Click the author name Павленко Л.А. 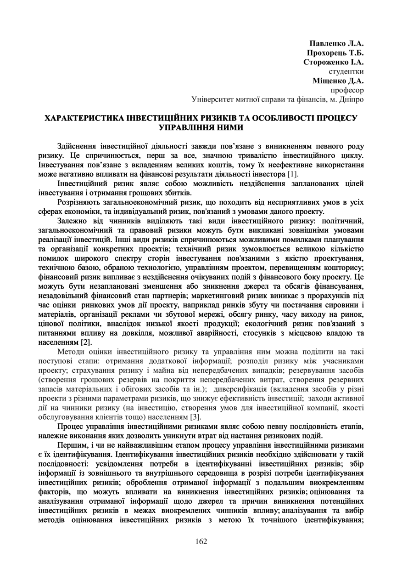(x=337, y=44)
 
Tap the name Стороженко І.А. (x=334, y=62)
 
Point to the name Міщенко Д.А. (x=338, y=81)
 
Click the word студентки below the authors (x=346, y=72)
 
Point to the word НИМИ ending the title (x=228, y=127)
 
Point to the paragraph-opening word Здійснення (x=76, y=146)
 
